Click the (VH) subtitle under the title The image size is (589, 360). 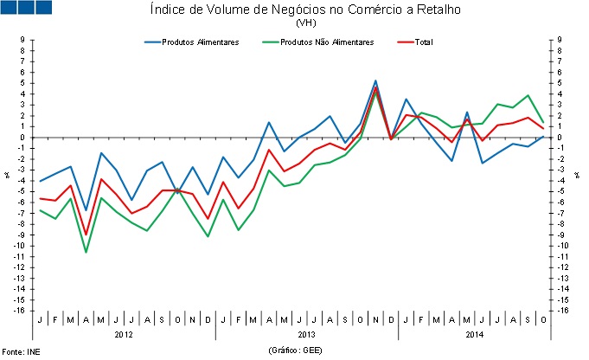pos(305,23)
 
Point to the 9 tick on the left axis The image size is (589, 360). pos(23,40)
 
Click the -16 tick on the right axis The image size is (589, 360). pos(560,311)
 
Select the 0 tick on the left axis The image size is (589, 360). pos(23,138)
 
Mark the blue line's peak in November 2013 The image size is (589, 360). pos(375,80)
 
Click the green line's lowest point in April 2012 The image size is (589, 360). pos(86,252)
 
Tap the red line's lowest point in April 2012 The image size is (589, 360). pos(86,235)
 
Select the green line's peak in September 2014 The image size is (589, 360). pos(528,95)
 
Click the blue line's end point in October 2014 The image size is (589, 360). pos(543,136)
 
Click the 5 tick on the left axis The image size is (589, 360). pos(23,83)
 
